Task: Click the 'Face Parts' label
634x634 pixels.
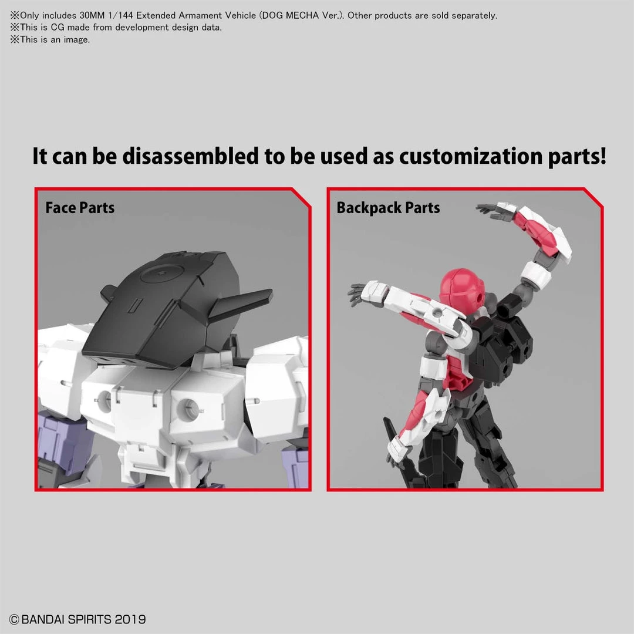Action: [80, 208]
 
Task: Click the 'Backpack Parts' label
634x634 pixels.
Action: [388, 208]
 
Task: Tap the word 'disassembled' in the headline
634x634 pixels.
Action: [190, 156]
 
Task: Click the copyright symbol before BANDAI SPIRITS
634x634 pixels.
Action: [14, 619]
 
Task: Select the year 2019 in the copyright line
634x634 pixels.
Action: [130, 619]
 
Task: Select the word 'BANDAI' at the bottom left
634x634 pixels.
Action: [43, 619]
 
